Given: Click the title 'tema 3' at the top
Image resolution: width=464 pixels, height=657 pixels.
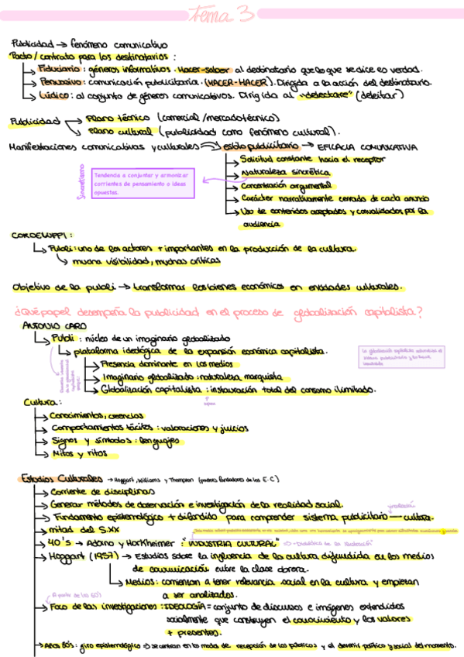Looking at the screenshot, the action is tap(230, 13).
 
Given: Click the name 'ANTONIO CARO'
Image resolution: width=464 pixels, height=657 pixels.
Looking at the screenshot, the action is tap(49, 326).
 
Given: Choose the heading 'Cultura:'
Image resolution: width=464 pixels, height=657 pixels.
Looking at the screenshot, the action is tap(42, 402).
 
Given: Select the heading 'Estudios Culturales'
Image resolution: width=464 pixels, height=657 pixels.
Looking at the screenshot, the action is tap(61, 478).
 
